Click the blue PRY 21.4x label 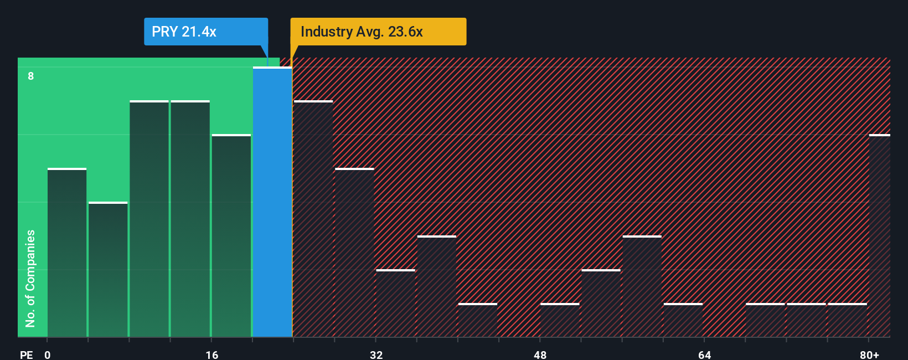pos(205,32)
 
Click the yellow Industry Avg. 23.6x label pos(378,32)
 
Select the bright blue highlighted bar pos(272,202)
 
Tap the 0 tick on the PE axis pos(48,354)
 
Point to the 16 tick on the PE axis pos(212,354)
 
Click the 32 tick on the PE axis pos(376,354)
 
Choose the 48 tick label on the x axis pos(540,354)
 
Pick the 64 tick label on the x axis pos(704,354)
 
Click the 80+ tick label pos(869,354)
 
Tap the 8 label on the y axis pos(31,76)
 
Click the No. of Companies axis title pos(30,278)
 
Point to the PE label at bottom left pos(26,354)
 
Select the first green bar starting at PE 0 pos(67,253)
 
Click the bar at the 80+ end pos(879,236)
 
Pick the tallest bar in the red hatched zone pos(313,219)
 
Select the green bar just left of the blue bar pos(231,236)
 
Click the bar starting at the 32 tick pos(395,304)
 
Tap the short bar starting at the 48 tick pos(560,320)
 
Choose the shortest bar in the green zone pos(108,270)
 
